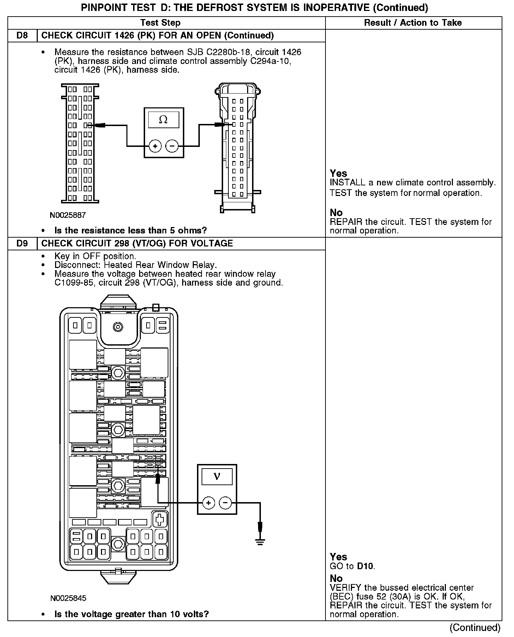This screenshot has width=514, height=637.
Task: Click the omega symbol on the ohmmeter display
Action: click(x=163, y=119)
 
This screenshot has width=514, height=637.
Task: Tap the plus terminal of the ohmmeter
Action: click(x=155, y=146)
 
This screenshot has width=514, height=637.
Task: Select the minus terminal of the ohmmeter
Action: click(x=172, y=146)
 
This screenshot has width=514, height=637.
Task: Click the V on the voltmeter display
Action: click(x=217, y=476)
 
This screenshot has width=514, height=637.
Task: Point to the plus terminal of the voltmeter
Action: click(x=209, y=503)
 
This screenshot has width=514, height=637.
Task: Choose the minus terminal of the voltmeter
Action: click(x=226, y=503)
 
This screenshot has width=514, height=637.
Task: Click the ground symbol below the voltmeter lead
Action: click(x=260, y=542)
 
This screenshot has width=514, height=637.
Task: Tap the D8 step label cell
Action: click(x=22, y=36)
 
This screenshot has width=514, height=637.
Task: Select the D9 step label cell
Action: click(x=22, y=243)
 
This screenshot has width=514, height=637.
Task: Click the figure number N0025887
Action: click(x=68, y=215)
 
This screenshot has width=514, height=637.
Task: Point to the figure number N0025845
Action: click(x=68, y=598)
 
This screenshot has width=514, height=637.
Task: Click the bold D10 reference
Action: click(x=365, y=566)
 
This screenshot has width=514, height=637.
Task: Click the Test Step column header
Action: click(x=160, y=23)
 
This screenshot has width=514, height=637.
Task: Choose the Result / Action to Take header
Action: click(x=413, y=23)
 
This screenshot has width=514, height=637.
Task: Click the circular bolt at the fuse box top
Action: click(x=118, y=327)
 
